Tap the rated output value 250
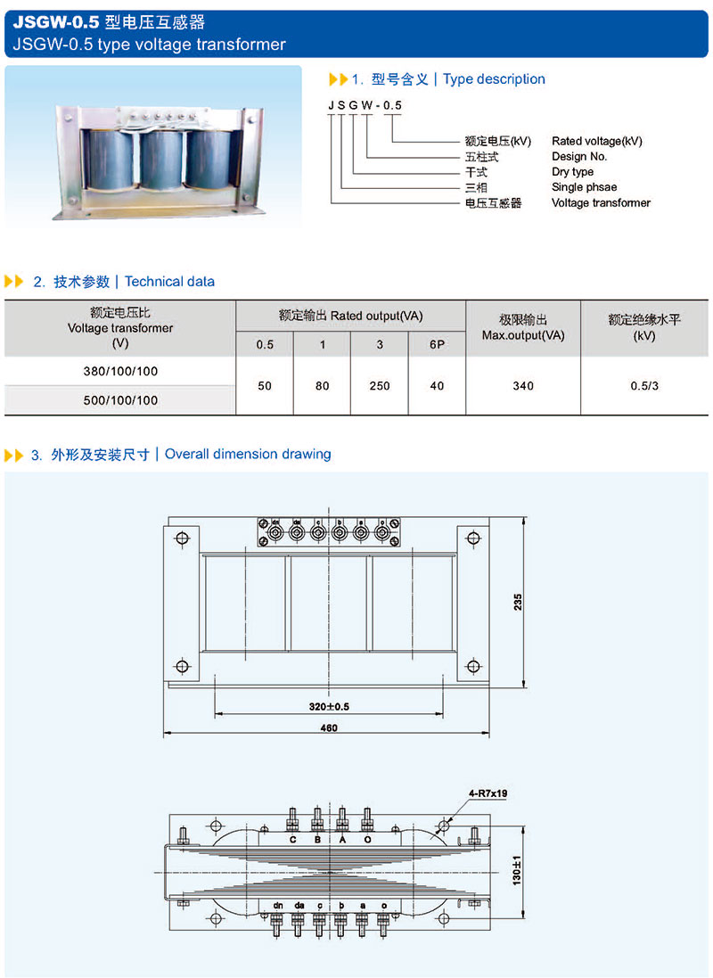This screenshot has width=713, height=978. pyautogui.click(x=380, y=386)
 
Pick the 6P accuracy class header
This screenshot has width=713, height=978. pyautogui.click(x=437, y=344)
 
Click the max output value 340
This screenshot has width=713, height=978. pyautogui.click(x=523, y=386)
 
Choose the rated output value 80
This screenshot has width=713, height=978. pyautogui.click(x=322, y=386)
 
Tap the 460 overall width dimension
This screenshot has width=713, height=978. pyautogui.click(x=328, y=728)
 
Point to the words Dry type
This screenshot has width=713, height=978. pyautogui.click(x=572, y=172)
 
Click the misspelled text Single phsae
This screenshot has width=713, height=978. pyautogui.click(x=585, y=187)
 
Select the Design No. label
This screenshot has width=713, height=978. pyautogui.click(x=579, y=157)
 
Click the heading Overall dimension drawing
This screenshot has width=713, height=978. pyautogui.click(x=248, y=454)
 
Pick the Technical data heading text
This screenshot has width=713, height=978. pyautogui.click(x=169, y=282)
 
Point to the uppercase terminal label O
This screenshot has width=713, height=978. pyautogui.click(x=366, y=840)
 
